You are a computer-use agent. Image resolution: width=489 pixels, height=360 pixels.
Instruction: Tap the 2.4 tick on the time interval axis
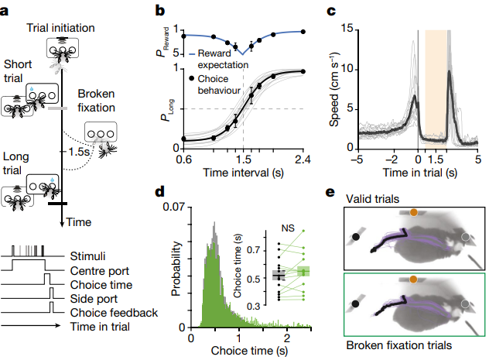[303, 161]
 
